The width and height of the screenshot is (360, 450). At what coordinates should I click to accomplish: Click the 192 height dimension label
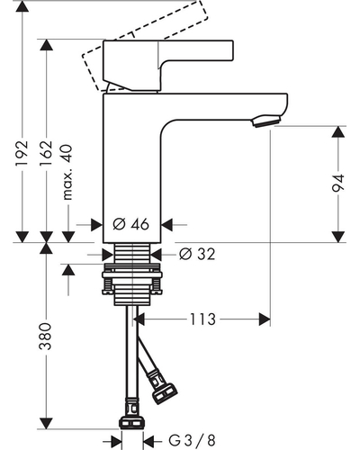tap(22, 153)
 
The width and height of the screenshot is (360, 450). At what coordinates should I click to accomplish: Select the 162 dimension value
tap(46, 153)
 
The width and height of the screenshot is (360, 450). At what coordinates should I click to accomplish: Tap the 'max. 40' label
tap(67, 172)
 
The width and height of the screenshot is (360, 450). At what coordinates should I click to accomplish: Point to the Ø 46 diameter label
tap(131, 224)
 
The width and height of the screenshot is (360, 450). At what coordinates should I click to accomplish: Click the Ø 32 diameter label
tap(197, 254)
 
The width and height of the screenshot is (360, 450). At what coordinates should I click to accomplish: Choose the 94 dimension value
tap(338, 183)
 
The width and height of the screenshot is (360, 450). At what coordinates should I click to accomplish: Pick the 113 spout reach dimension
tap(202, 319)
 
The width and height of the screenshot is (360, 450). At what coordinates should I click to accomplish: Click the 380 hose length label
tap(46, 337)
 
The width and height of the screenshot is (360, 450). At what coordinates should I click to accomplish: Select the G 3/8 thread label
tap(192, 441)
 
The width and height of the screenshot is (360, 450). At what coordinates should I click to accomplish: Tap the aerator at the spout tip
tap(266, 121)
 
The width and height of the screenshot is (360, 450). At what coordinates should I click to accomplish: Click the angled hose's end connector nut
tap(165, 393)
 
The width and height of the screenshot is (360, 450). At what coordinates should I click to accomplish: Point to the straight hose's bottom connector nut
tap(131, 423)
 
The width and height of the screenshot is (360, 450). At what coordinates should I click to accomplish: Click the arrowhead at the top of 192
tap(22, 6)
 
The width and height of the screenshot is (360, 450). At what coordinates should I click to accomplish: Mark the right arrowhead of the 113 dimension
tap(265, 319)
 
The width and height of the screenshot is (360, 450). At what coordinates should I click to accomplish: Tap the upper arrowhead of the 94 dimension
tap(338, 131)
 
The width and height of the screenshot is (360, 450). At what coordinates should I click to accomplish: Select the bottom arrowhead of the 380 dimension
tap(46, 423)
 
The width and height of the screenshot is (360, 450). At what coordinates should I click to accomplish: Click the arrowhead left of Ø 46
tap(96, 224)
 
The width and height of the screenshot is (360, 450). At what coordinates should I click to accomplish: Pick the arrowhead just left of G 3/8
tap(116, 442)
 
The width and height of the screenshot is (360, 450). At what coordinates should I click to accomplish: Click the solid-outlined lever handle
tap(168, 66)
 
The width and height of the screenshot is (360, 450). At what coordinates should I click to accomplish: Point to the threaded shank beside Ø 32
tap(132, 253)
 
